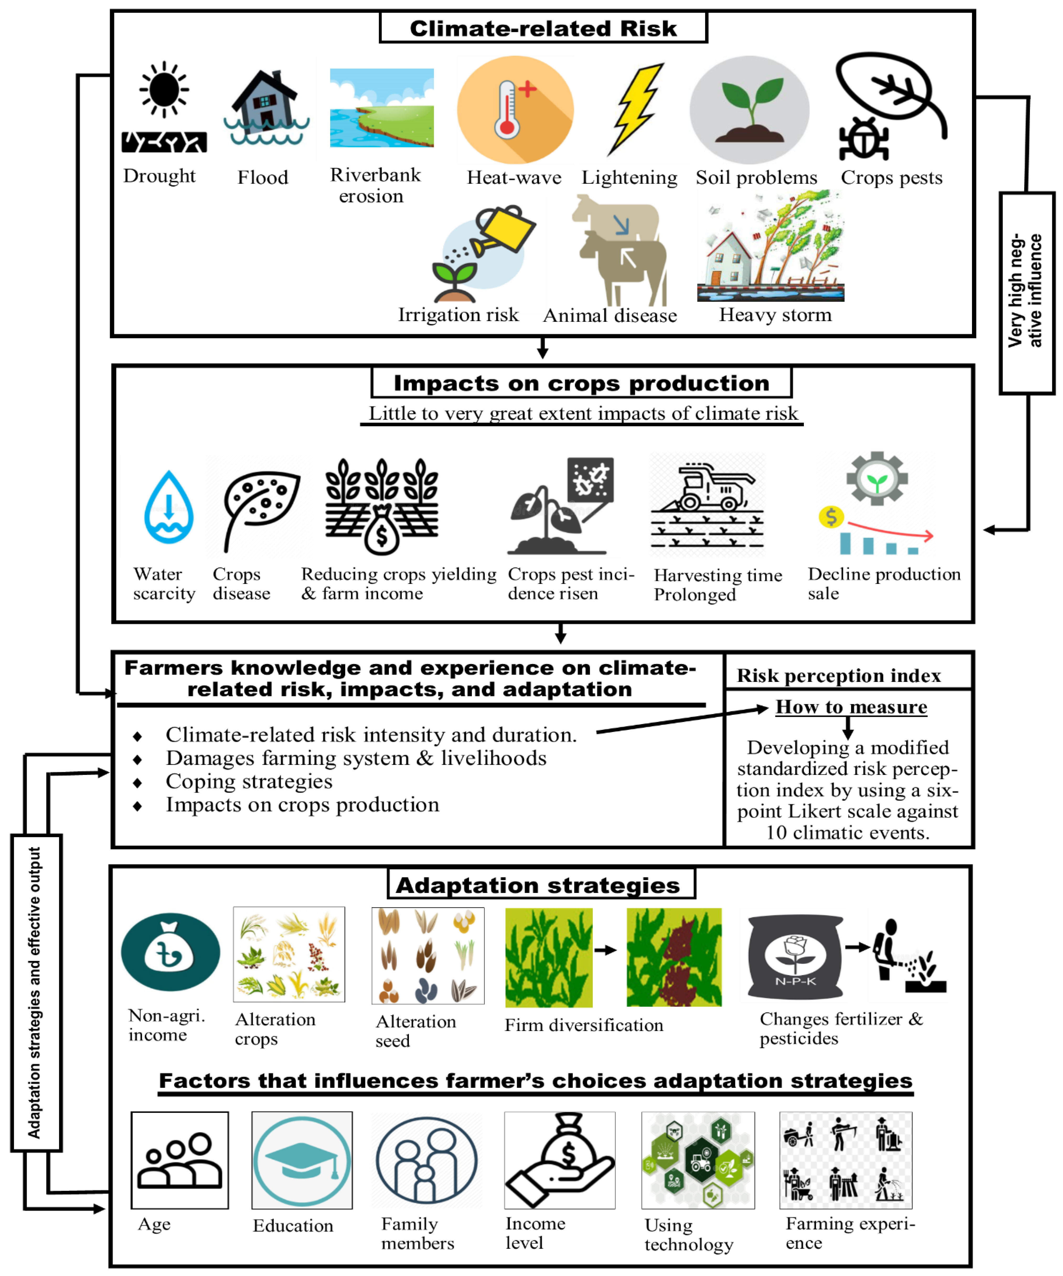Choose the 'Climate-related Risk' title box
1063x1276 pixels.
(x=543, y=28)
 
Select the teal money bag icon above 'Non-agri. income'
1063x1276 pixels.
(x=170, y=952)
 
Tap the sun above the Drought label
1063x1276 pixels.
(x=164, y=89)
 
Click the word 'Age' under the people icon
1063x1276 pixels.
(x=154, y=1224)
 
